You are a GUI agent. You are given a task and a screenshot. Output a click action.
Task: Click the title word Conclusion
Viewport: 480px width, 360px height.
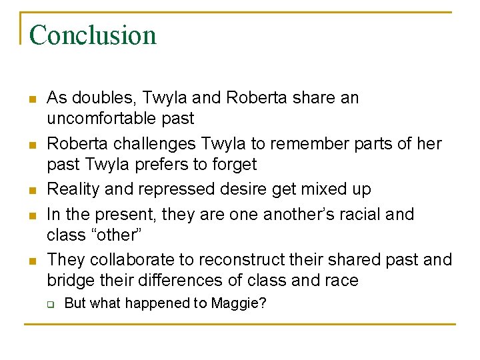[x=93, y=35]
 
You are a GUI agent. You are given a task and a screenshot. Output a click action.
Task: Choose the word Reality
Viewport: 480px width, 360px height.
[x=72, y=189]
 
